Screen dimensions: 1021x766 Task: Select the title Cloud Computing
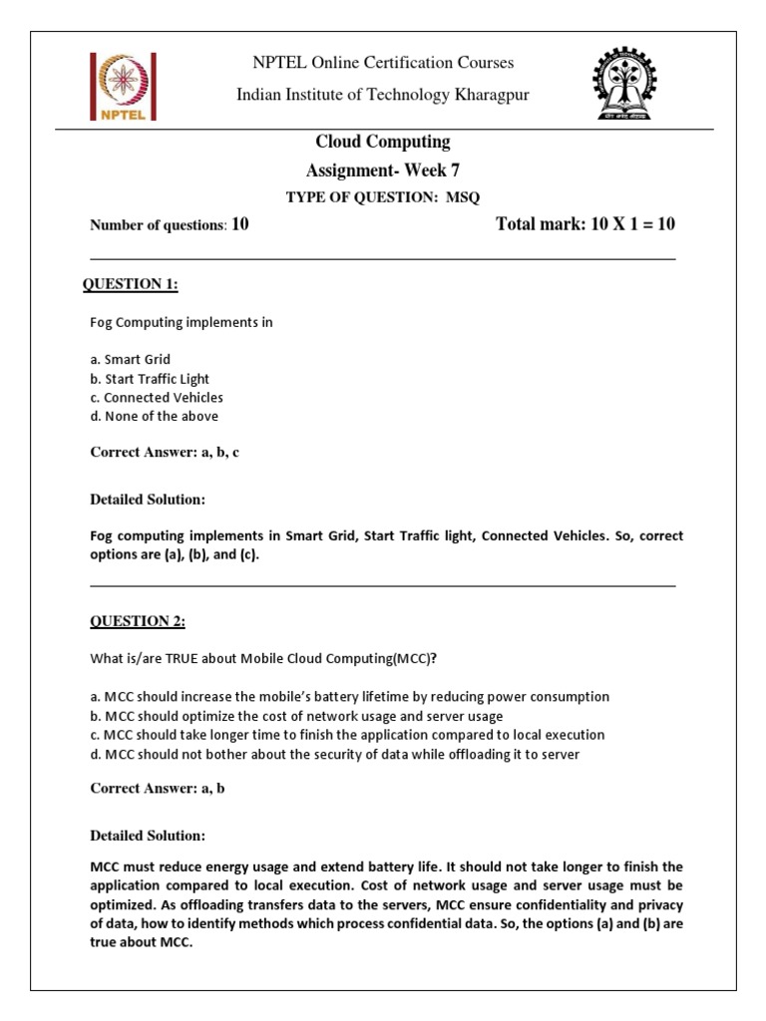(383, 142)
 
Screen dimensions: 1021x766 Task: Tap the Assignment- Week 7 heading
(383, 170)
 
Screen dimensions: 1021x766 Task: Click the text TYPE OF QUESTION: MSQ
(383, 196)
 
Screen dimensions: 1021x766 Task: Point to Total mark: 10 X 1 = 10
(585, 224)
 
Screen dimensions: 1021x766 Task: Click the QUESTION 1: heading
(130, 285)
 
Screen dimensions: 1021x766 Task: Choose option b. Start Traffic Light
(150, 379)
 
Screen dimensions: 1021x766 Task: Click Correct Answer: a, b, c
(165, 452)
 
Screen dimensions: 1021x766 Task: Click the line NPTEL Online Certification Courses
(383, 63)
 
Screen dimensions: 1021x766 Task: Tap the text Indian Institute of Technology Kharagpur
(383, 95)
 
